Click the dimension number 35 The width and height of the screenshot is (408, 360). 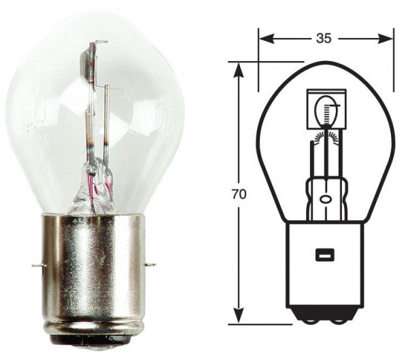324,39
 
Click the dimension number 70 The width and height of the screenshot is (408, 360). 238,194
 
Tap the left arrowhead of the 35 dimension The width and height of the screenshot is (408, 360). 264,39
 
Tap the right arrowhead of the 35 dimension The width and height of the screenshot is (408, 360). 388,39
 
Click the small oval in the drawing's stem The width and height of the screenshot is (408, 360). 325,200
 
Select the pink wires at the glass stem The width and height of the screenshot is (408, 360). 98,187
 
